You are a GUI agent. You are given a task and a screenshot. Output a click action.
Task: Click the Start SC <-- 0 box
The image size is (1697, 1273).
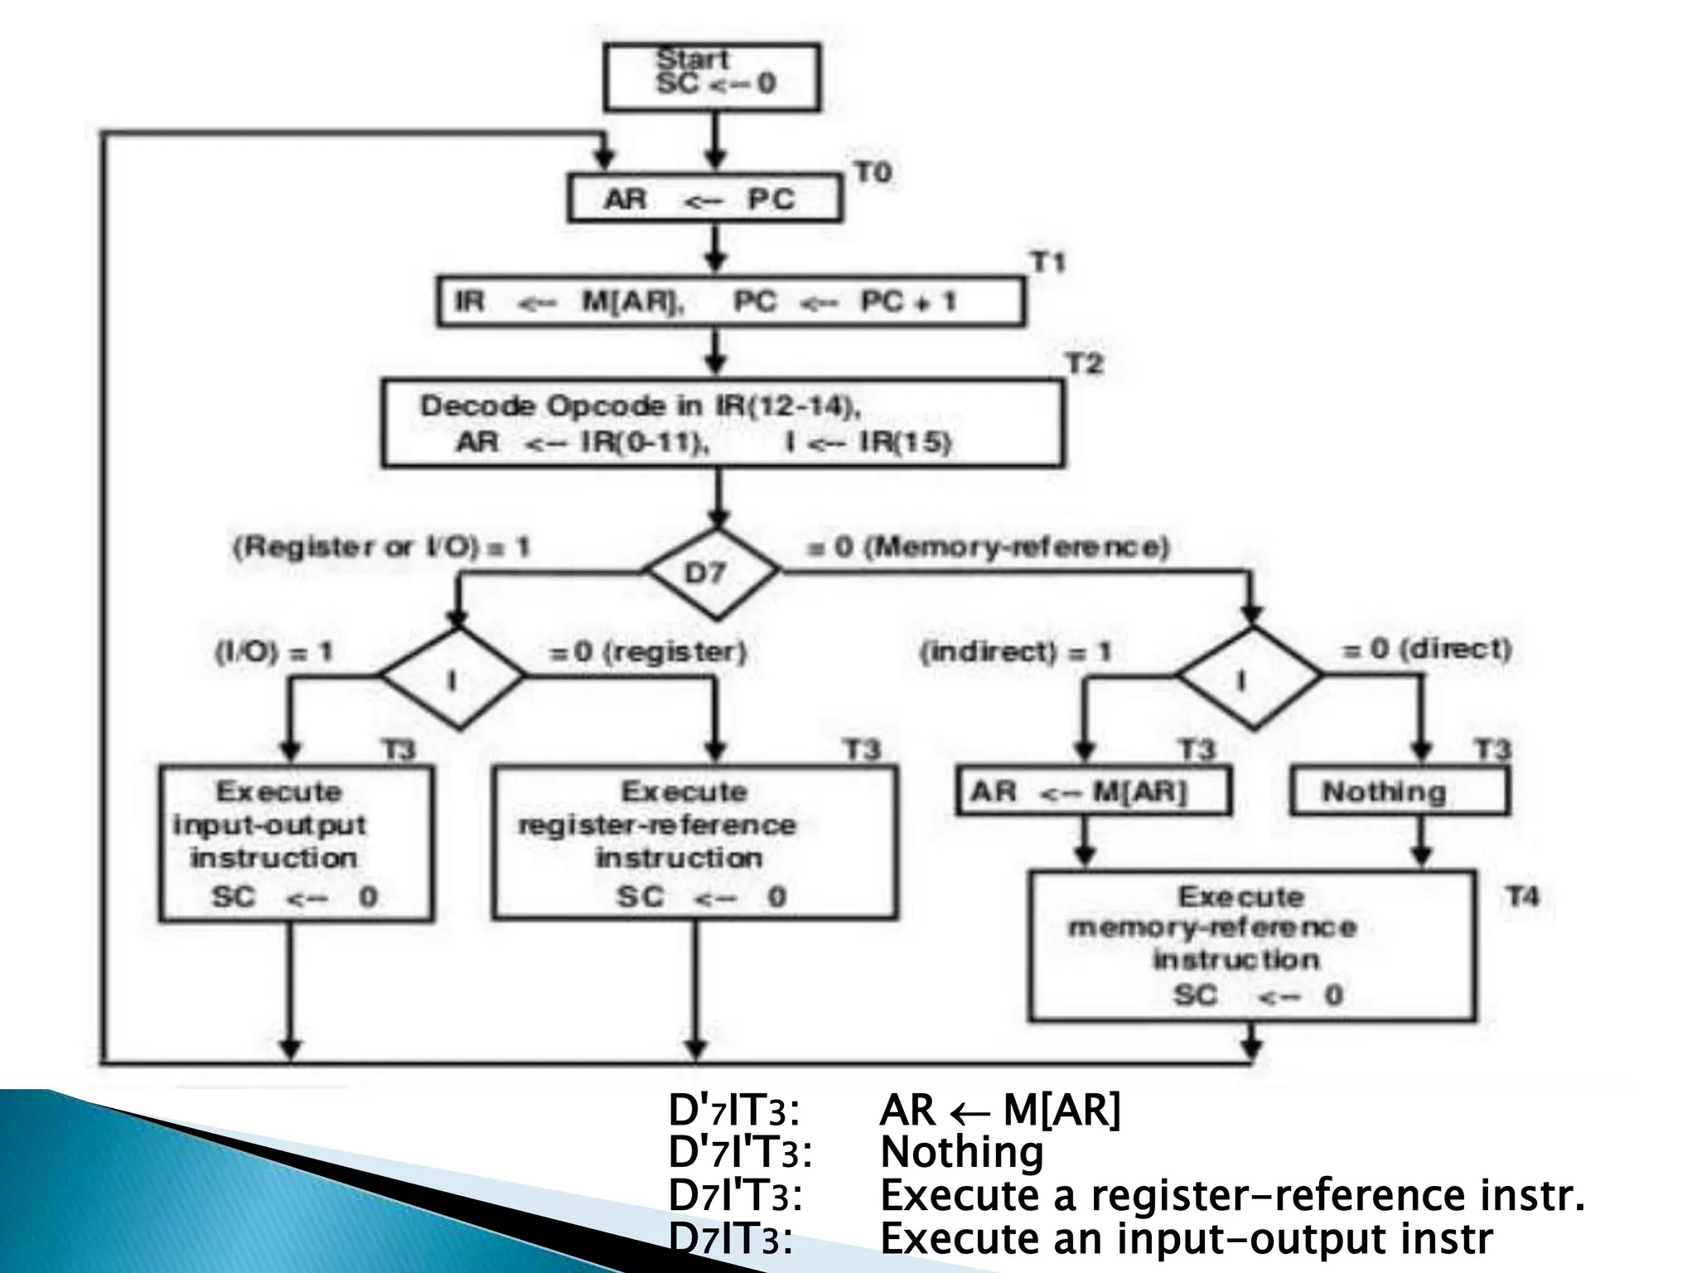[x=712, y=76]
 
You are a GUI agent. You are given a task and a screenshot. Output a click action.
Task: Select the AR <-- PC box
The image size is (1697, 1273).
[x=704, y=199]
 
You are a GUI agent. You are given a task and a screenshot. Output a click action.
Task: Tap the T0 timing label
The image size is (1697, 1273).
[x=873, y=173]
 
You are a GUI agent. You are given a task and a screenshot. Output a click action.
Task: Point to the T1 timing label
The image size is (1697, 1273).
[x=1047, y=263]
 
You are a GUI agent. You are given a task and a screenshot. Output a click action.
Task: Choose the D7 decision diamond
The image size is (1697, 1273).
[x=711, y=573]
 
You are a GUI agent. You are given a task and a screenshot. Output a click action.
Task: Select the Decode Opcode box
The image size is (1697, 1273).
[x=722, y=423]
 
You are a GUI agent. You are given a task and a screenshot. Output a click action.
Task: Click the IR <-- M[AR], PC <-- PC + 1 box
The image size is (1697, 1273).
[x=730, y=302]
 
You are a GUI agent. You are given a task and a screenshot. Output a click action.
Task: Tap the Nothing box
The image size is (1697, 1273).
[x=1400, y=791]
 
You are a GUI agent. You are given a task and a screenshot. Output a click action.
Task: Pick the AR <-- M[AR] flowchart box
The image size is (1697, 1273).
[x=1092, y=791]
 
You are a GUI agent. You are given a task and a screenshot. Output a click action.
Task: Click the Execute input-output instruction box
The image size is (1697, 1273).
[x=296, y=842]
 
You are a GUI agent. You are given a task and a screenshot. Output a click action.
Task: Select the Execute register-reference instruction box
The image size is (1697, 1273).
[x=694, y=842]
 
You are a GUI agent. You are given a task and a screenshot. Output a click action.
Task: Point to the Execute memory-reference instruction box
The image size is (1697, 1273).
[x=1251, y=945]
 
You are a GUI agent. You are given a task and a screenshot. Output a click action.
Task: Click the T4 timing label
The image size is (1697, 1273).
[x=1522, y=897]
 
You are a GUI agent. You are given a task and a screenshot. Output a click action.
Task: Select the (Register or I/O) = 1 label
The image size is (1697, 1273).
[x=381, y=547]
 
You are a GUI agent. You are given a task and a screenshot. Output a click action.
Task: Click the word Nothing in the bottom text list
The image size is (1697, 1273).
[x=961, y=1152]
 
